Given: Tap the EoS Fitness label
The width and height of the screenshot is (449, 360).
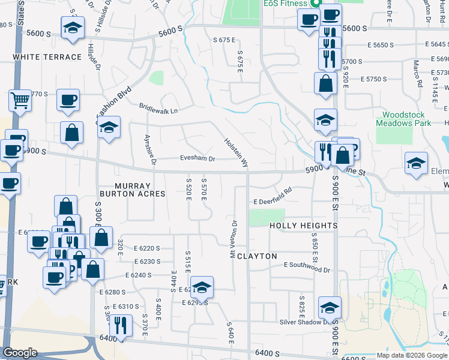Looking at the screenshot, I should pos(285,4).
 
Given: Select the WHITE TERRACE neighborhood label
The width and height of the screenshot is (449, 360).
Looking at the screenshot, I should pos(47,57).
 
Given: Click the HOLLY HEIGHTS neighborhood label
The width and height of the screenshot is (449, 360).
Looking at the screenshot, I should pos(303,226).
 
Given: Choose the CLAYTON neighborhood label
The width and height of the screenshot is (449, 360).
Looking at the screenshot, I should pos(257,256).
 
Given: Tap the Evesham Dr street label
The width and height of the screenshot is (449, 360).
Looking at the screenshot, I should pos(197,159).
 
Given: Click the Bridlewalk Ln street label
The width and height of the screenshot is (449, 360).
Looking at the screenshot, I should pos(158,111).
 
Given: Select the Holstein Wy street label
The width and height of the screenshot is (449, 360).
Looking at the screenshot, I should pos(236,151).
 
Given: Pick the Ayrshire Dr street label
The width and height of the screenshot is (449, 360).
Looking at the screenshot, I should pos(150,149).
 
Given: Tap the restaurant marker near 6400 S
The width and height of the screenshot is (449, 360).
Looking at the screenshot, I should pos(121,326).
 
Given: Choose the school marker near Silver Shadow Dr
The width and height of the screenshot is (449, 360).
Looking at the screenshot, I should pos(330,308).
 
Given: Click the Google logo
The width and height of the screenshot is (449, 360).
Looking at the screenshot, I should pos(20,353).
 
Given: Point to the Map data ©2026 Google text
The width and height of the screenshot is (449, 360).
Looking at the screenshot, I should pos(411,355).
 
